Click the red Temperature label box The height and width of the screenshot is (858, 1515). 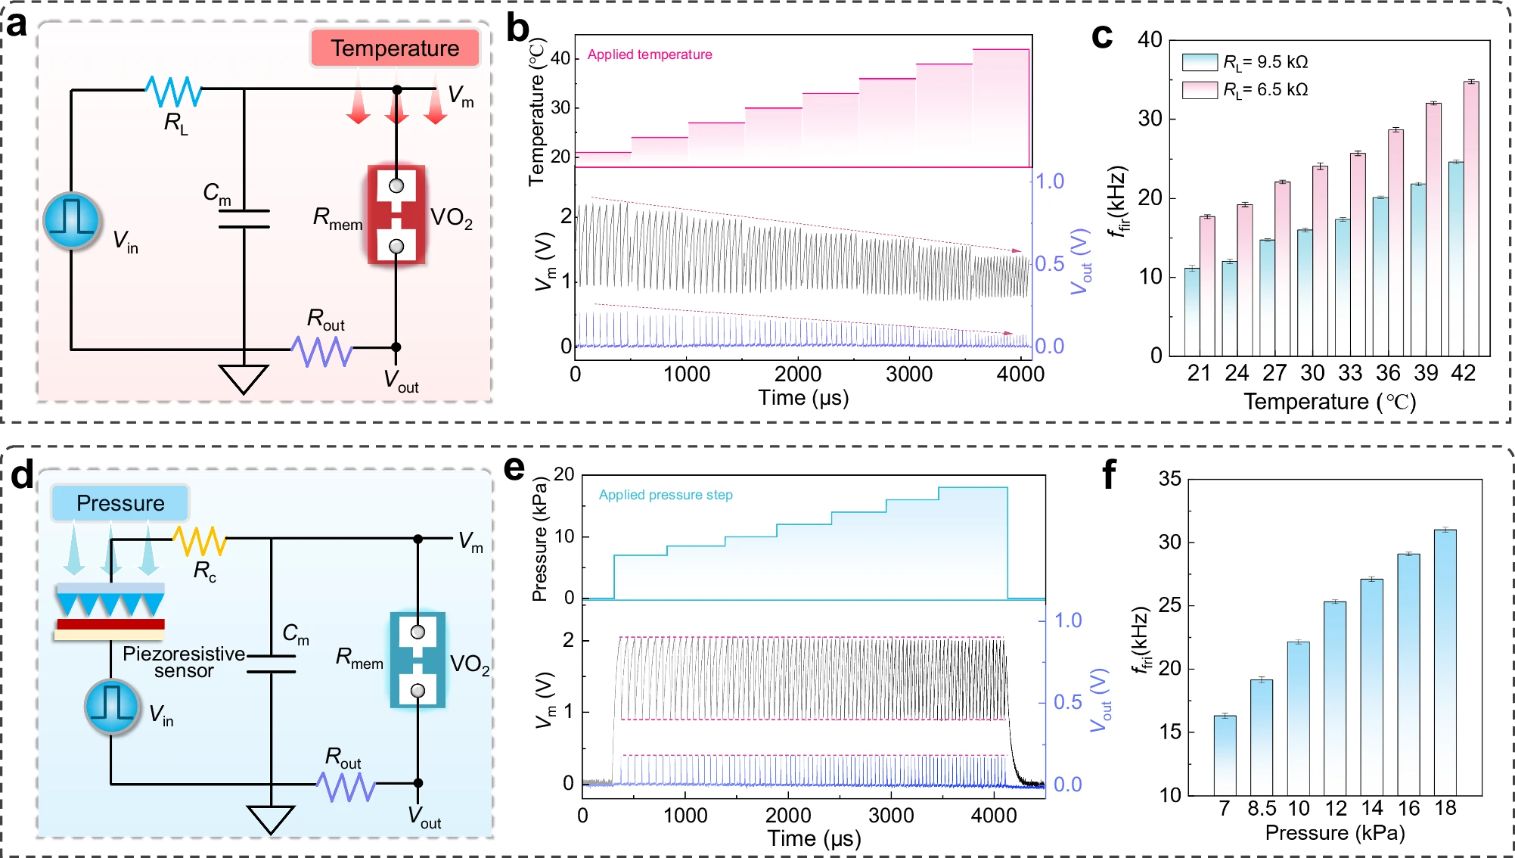(395, 48)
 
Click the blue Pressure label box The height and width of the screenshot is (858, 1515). (120, 503)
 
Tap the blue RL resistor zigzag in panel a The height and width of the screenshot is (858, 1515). (174, 91)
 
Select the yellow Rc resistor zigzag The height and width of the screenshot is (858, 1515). (200, 540)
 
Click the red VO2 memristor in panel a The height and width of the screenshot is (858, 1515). (396, 216)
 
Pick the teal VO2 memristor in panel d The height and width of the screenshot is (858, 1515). (418, 661)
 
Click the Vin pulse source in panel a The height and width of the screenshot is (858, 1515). (72, 220)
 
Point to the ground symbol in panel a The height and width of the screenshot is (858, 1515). (244, 378)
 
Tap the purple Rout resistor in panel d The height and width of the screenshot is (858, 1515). (346, 786)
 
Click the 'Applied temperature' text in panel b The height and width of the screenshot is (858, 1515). (650, 54)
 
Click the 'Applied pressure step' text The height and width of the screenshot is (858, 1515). (666, 495)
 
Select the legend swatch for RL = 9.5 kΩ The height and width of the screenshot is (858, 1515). (1200, 62)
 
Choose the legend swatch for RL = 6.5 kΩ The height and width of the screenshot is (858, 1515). (1200, 90)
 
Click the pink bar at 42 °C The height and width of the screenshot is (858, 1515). (1471, 219)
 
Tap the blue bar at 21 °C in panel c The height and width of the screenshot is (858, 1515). (1192, 312)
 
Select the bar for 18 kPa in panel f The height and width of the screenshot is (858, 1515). (1445, 662)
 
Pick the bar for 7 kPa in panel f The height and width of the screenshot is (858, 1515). (1225, 755)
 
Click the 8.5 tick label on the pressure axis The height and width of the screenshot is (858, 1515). (1262, 808)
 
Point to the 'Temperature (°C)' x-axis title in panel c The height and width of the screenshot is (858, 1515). (1330, 402)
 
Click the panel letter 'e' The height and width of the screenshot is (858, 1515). (514, 468)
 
